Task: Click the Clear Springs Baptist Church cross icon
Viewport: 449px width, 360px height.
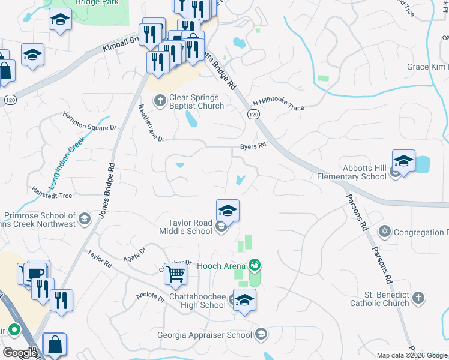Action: (160, 101)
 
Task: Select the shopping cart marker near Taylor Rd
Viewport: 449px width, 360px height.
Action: (176, 274)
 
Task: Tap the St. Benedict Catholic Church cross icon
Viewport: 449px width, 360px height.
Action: (419, 298)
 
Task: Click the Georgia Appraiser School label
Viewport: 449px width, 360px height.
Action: (205, 335)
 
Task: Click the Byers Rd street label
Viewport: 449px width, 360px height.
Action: (253, 146)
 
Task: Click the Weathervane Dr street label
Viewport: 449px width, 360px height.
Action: (151, 124)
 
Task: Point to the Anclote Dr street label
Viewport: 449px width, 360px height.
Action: (150, 298)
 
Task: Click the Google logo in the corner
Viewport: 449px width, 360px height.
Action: (20, 353)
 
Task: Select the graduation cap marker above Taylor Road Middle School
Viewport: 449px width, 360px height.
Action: (228, 211)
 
